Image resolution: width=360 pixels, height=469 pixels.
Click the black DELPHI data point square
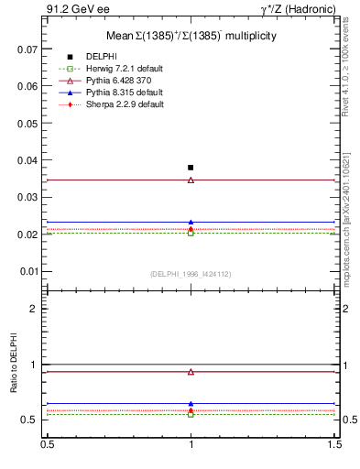pyautogui.click(x=191, y=168)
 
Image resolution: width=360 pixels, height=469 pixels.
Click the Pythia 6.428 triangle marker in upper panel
pyautogui.click(x=191, y=180)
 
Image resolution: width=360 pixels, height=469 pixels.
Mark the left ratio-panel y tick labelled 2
pyautogui.click(x=36, y=309)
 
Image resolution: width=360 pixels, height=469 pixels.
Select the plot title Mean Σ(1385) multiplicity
pyautogui.click(x=191, y=36)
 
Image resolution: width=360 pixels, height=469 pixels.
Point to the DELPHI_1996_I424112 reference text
pyautogui.click(x=191, y=274)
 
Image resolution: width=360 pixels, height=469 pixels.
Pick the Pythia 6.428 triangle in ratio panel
pyautogui.click(x=191, y=372)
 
